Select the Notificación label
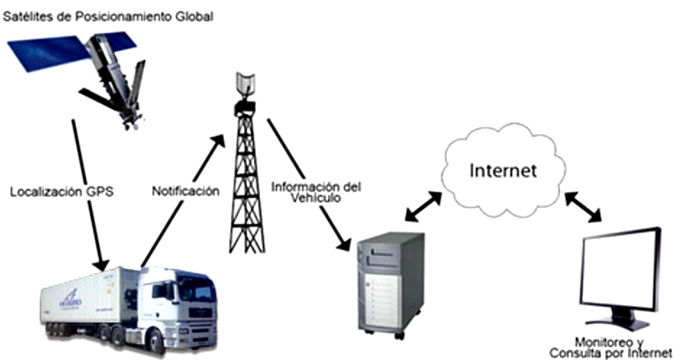tap(185, 191)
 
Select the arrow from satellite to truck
tap(87, 195)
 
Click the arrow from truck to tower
tap(181, 200)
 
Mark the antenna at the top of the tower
tap(244, 85)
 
